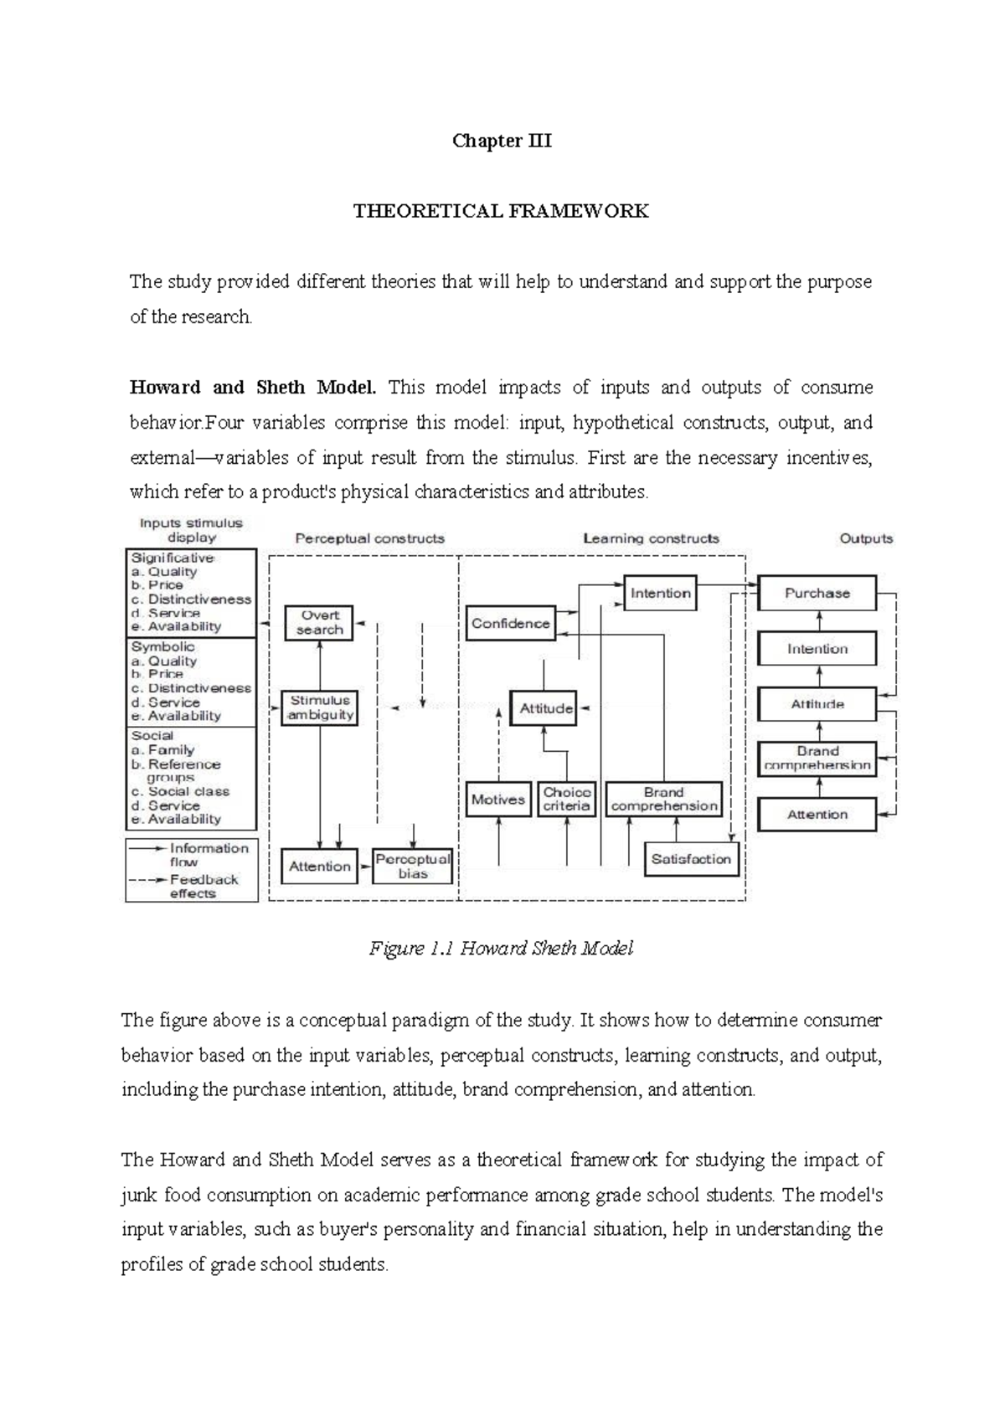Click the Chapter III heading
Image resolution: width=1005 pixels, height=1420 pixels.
(x=502, y=141)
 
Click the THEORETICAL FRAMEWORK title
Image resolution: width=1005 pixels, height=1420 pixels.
(x=501, y=211)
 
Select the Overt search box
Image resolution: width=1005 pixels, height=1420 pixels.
(x=319, y=623)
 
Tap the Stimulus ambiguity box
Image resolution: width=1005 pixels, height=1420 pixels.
(x=320, y=707)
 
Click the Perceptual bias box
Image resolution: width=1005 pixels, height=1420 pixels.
(x=413, y=867)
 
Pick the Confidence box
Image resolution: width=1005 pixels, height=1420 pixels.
(x=510, y=624)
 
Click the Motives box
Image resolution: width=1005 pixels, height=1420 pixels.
(x=498, y=800)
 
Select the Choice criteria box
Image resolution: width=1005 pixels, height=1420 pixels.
(x=567, y=800)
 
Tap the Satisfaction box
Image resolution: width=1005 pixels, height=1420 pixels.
(x=691, y=859)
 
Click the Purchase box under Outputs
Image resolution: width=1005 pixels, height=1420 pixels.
(x=817, y=593)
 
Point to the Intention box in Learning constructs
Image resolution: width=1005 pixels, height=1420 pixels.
(x=660, y=593)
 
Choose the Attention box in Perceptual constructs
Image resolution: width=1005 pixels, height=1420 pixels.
(x=319, y=867)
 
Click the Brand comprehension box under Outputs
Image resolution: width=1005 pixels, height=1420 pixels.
(x=817, y=759)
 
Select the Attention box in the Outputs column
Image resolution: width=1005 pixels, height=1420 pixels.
(x=817, y=814)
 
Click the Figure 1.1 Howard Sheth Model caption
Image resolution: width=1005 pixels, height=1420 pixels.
(x=501, y=949)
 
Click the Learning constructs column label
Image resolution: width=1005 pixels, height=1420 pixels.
(x=651, y=538)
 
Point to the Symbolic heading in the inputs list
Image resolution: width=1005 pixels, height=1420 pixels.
(x=163, y=646)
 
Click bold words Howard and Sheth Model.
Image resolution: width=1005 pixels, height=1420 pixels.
(x=253, y=388)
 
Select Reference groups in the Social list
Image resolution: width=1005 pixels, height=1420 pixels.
(x=183, y=765)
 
